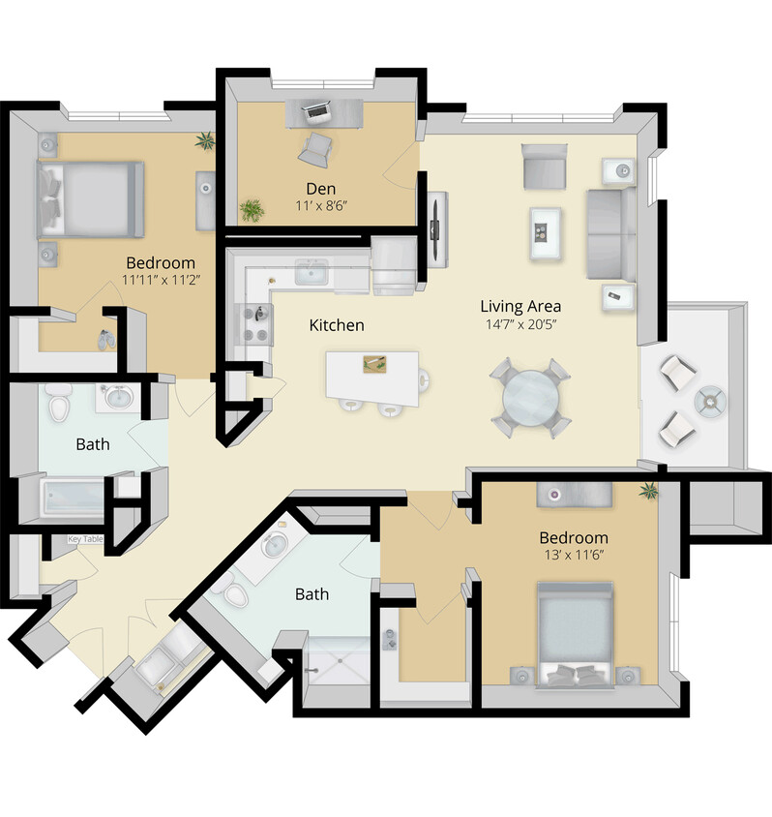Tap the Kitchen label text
coord(337,325)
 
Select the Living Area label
coord(520,306)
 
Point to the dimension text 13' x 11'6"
coord(574,557)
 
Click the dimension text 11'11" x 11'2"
coord(160,281)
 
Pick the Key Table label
coord(85,539)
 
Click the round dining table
coord(529,397)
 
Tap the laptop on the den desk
coord(316,112)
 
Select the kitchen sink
coord(312,273)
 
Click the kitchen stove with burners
coord(253,323)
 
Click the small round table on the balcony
coord(711,398)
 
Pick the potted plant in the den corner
coord(252,209)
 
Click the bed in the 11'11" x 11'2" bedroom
coord(90,199)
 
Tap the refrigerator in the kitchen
coord(393,266)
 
